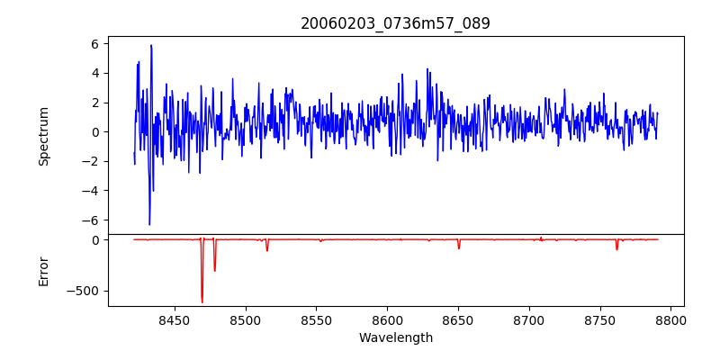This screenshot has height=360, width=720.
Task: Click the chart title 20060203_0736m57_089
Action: pyautogui.click(x=395, y=23)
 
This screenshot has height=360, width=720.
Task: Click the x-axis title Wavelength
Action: pyautogui.click(x=395, y=338)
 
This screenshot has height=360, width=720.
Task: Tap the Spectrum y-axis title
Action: pyautogui.click(x=43, y=136)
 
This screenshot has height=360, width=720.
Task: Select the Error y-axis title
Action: pyautogui.click(x=43, y=271)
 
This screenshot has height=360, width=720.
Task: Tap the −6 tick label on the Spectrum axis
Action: pyautogui.click(x=91, y=220)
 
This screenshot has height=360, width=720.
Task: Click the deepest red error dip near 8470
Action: pyautogui.click(x=202, y=301)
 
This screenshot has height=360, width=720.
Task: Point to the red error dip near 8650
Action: pyautogui.click(x=459, y=247)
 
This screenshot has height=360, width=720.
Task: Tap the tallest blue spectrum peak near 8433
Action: pyautogui.click(x=151, y=45)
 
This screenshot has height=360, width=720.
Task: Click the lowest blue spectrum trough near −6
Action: pyautogui.click(x=149, y=224)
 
